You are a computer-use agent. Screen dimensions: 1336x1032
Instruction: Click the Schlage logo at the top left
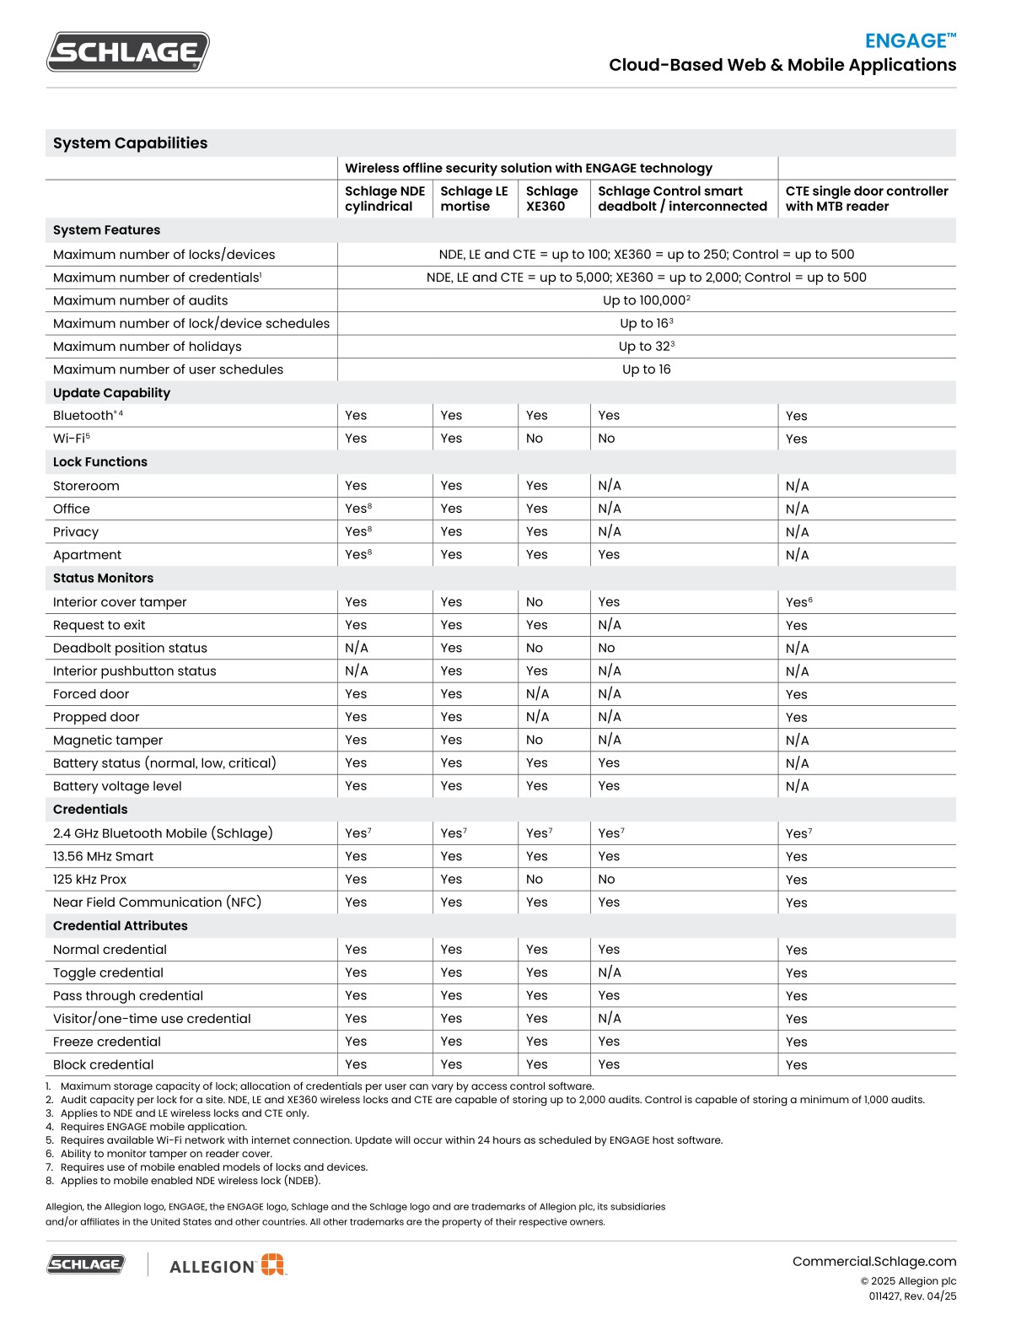click(x=127, y=52)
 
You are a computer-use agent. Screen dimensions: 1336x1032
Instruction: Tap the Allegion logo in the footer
click(x=228, y=1265)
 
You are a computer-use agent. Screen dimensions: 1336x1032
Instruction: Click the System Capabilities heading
click(x=130, y=143)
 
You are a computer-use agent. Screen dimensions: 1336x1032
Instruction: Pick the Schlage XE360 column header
click(x=551, y=199)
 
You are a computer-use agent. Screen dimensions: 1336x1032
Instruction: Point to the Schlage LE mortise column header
click(x=474, y=199)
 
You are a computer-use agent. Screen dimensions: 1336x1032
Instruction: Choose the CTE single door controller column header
click(x=866, y=199)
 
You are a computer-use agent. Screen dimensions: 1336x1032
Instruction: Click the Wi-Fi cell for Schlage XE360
click(x=535, y=439)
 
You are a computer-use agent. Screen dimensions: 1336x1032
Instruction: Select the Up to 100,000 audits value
click(x=646, y=300)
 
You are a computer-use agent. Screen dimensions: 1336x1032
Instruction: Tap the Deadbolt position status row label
click(x=130, y=648)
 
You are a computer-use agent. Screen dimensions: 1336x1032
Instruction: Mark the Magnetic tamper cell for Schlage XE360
click(x=535, y=740)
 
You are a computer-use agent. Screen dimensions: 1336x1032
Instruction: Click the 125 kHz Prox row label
click(x=89, y=879)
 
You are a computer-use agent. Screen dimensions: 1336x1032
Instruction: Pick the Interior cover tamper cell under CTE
click(x=798, y=602)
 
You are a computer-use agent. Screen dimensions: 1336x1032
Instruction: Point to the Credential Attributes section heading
click(x=120, y=925)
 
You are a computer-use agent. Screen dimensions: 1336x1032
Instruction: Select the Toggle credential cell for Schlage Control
click(x=609, y=972)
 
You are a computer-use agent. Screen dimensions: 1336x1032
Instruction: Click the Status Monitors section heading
click(x=103, y=578)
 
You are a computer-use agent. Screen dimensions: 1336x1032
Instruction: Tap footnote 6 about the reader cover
click(x=166, y=1154)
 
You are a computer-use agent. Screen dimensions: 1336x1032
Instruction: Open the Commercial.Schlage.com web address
click(x=873, y=1262)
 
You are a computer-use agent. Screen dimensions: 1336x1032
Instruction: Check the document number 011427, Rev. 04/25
click(x=912, y=1296)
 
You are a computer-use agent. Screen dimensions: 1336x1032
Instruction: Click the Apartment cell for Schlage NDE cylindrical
click(x=357, y=555)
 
